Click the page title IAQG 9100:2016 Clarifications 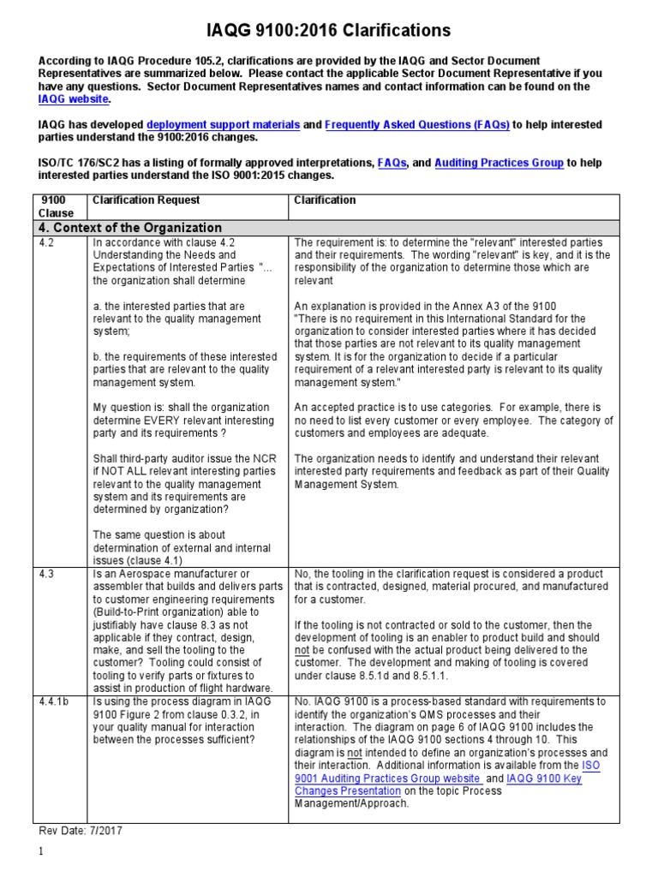click(329, 31)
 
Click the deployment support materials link click(224, 125)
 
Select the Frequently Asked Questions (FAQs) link click(417, 125)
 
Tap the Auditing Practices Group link click(499, 163)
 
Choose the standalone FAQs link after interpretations click(392, 163)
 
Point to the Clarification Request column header click(146, 200)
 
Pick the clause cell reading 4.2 click(47, 242)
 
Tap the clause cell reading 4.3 click(47, 574)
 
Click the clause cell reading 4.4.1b click(54, 701)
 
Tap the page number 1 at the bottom click(40, 853)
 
